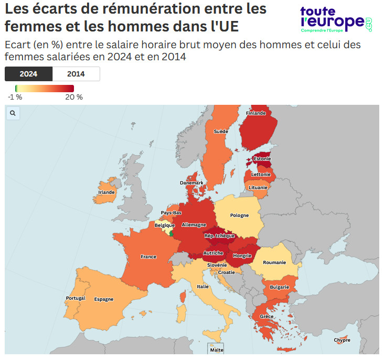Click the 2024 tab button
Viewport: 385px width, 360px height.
click(28, 74)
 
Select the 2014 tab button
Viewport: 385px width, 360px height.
click(76, 74)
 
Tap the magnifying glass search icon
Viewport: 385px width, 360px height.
click(13, 113)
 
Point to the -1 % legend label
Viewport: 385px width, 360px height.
click(15, 97)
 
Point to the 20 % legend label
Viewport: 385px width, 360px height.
click(74, 97)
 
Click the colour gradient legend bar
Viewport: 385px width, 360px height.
click(44, 88)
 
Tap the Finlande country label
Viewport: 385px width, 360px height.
click(256, 113)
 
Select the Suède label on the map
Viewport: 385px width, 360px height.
click(221, 131)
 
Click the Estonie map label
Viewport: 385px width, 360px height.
click(262, 159)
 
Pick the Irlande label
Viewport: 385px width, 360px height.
click(106, 192)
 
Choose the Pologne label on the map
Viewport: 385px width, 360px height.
click(240, 215)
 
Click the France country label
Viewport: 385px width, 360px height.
click(148, 257)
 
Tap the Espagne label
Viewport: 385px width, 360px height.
click(104, 299)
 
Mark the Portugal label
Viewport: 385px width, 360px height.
click(76, 298)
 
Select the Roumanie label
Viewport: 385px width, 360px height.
click(274, 263)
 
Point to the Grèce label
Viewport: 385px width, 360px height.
click(266, 317)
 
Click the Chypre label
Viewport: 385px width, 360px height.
click(342, 340)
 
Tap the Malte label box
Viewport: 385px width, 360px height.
click(216, 350)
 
